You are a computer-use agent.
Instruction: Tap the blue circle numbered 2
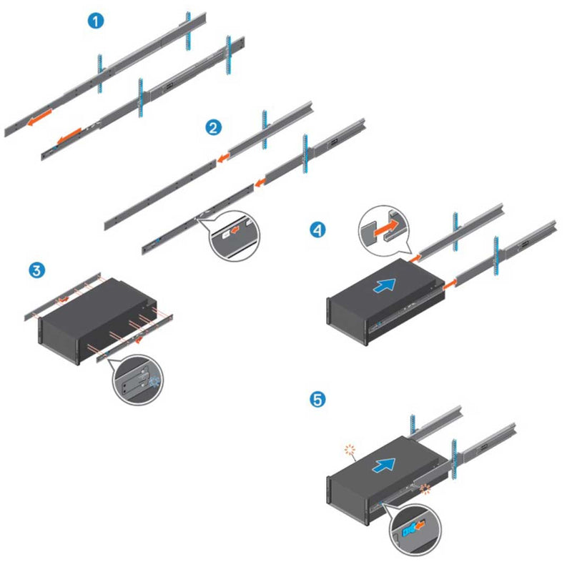213,127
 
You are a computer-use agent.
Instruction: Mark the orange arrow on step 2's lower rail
260,182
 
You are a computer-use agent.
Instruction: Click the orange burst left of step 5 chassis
350,449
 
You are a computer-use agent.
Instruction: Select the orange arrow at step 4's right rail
449,286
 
